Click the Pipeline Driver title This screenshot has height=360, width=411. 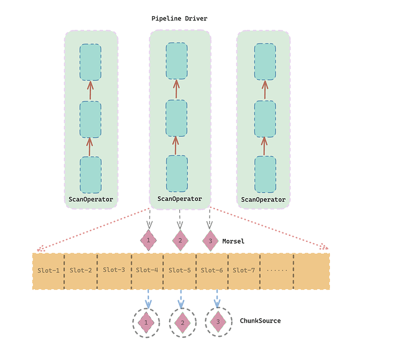pos(179,18)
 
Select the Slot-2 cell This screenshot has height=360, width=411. pos(81,270)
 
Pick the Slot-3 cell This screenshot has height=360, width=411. pos(114,269)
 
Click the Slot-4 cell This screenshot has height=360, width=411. pos(147,270)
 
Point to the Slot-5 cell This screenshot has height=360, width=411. pos(180,270)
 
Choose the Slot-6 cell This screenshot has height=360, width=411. pos(212,270)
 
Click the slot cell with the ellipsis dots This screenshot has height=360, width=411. pos(277,270)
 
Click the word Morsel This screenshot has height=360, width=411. pos(233,241)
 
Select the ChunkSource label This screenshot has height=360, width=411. pos(260,321)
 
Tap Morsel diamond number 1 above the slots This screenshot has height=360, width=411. pos(148,240)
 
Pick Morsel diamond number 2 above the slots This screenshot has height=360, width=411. pos(180,241)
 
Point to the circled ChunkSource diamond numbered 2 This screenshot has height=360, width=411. pos(183,322)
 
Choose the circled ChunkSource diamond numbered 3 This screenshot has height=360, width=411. pos(219,322)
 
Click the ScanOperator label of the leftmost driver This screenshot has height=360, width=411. pos(91,199)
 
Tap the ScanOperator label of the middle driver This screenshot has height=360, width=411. pos(179,198)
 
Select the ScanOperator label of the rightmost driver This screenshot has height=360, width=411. pos(263,200)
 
